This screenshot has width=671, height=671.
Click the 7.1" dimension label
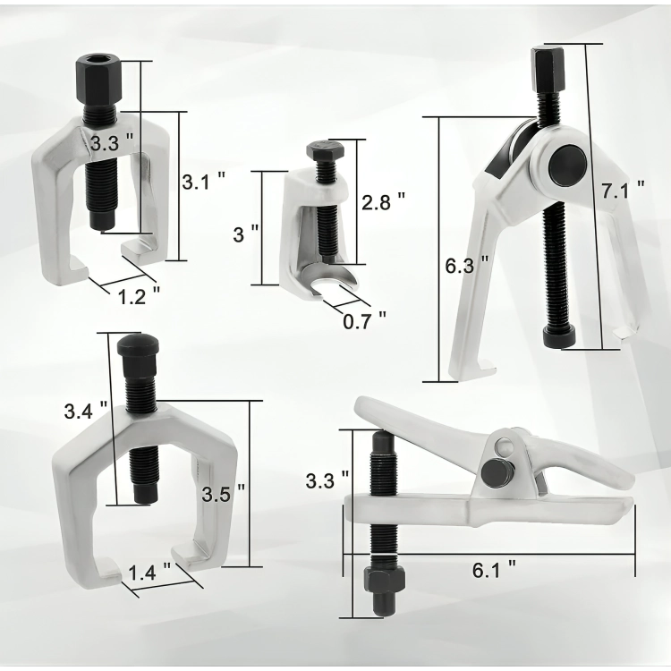[623, 190]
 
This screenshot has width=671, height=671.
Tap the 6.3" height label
[466, 266]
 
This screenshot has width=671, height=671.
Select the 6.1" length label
[494, 570]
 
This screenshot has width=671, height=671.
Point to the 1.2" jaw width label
[139, 296]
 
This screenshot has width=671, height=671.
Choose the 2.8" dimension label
[383, 201]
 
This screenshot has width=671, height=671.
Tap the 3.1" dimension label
[204, 182]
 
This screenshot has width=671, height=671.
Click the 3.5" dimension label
[224, 494]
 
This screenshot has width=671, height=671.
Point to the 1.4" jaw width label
[149, 573]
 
